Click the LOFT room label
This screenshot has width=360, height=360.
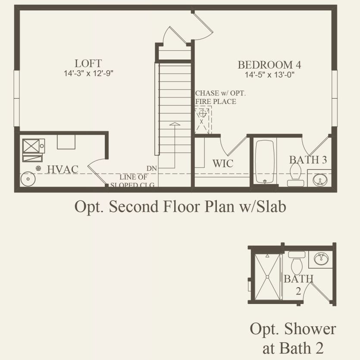pos(88,63)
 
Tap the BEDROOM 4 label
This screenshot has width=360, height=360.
pos(269,65)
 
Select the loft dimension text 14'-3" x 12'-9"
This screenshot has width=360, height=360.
pos(88,73)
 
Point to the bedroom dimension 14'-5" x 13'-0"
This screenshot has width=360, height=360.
pos(269,75)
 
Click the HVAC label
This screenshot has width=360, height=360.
pos(63,169)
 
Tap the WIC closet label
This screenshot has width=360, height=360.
pos(223,163)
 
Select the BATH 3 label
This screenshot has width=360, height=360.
pos(308,160)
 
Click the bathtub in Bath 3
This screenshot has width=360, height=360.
pos(265,162)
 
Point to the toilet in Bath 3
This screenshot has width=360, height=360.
pos(295,175)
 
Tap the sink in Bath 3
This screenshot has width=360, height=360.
pos(320,179)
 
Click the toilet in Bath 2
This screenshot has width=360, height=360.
pos(297,263)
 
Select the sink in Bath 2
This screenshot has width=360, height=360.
pos(321,259)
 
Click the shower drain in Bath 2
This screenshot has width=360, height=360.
pos(267,277)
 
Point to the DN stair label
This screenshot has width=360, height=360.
pos(152,169)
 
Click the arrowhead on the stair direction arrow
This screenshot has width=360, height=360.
pos(175,124)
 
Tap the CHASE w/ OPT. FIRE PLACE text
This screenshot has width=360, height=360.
pos(220,97)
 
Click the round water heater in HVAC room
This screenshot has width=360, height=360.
pos(28,179)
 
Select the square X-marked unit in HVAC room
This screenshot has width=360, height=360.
pos(31,146)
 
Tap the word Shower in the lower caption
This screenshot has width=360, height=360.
pos(310,329)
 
